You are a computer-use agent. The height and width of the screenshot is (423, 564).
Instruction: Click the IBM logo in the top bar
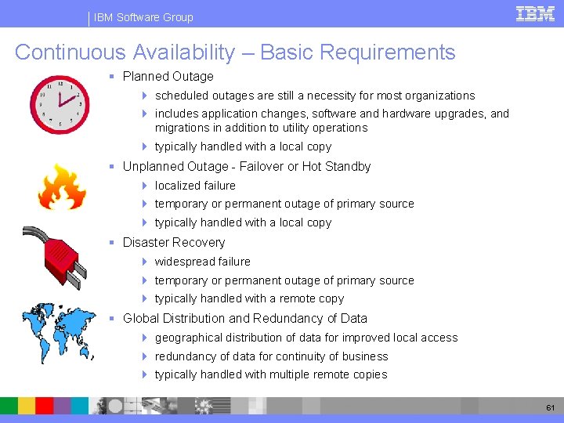[x=535, y=13]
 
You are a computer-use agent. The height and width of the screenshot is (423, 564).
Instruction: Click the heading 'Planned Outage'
[x=168, y=77]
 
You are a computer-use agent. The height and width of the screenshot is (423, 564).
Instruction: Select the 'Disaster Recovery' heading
[x=173, y=243]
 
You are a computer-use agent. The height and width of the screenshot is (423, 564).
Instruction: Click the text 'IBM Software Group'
[x=143, y=17]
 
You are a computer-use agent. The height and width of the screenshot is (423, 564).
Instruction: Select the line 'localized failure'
[x=195, y=186]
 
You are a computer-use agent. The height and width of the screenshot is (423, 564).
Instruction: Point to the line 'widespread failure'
[x=202, y=262]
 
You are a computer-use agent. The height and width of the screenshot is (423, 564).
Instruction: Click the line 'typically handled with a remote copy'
[x=249, y=298]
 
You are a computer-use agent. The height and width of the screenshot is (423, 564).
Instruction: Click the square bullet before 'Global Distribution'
[x=113, y=319]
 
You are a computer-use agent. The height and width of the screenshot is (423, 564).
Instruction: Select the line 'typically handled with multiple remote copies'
[x=270, y=374]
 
